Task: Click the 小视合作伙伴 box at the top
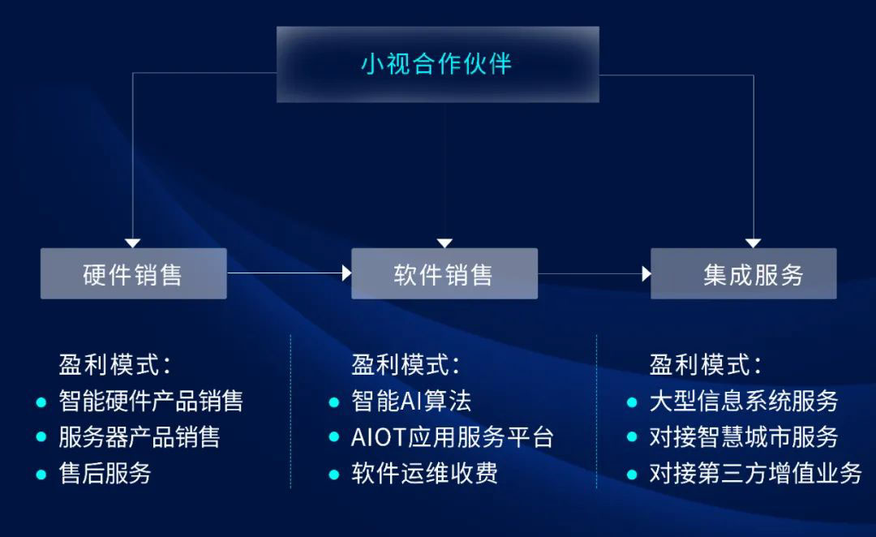tap(437, 64)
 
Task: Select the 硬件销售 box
tap(133, 274)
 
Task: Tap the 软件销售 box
tap(444, 274)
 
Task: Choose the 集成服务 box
tap(744, 274)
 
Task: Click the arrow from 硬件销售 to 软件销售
tap(289, 273)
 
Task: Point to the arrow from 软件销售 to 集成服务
tap(595, 273)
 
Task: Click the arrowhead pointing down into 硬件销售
tap(132, 243)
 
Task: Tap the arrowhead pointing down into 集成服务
tap(753, 243)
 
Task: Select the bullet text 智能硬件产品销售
tap(151, 401)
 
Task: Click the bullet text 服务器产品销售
tap(140, 437)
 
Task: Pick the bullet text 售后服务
tap(105, 474)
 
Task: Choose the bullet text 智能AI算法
tap(411, 401)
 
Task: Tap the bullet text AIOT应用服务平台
tap(453, 438)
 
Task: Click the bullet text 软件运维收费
tap(424, 474)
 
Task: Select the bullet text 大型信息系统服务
tap(744, 401)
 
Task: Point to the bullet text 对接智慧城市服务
tap(744, 437)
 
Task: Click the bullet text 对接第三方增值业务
tap(755, 474)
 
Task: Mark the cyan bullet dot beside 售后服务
tap(41, 474)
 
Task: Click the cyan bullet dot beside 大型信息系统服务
tap(632, 401)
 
